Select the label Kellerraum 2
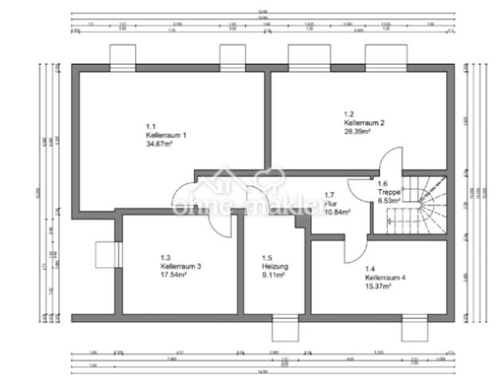pos(365,123)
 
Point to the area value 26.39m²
pos(360,132)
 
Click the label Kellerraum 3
pos(180,267)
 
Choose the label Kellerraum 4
pos(385,278)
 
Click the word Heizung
pos(275,267)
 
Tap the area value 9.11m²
pos(274,275)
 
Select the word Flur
pos(330,204)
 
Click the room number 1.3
pos(166,258)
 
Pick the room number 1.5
pos(267,258)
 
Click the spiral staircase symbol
pos(430,203)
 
